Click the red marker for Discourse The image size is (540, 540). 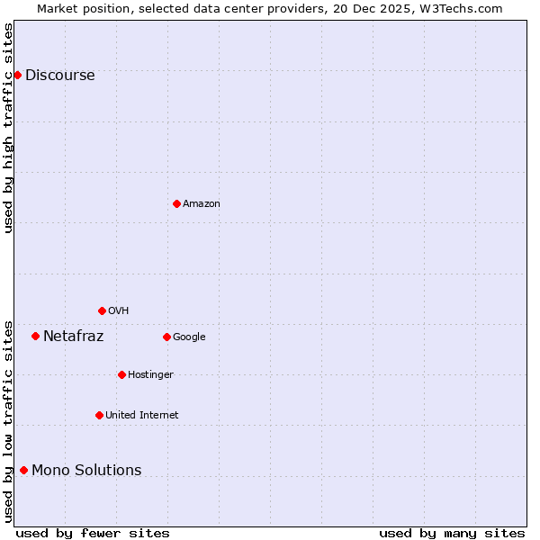(x=17, y=75)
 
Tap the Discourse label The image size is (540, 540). (x=59, y=76)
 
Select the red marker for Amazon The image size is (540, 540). (x=176, y=203)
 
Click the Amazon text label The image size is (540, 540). (x=201, y=204)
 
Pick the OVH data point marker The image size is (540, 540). (x=102, y=310)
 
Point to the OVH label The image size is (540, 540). (x=118, y=311)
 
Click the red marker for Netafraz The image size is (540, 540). (x=35, y=336)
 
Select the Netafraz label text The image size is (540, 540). (x=73, y=337)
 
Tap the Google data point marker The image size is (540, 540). (x=166, y=337)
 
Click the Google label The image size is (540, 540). (x=189, y=337)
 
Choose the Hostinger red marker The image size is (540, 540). (x=121, y=374)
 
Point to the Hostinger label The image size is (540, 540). (x=150, y=375)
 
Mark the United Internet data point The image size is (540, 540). (x=99, y=415)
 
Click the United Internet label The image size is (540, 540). (x=141, y=416)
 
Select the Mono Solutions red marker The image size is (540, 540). (x=23, y=470)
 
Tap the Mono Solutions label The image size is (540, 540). (x=86, y=471)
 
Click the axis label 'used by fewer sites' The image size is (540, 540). (x=93, y=534)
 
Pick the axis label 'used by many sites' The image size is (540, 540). (x=452, y=534)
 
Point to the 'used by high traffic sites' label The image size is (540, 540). (x=9, y=128)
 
